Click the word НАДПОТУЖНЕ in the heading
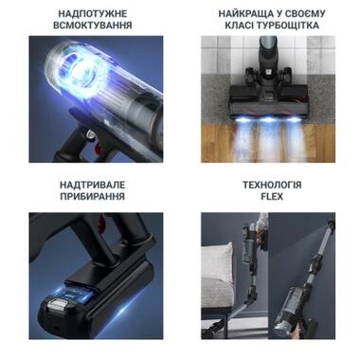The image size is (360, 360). click(x=93, y=14)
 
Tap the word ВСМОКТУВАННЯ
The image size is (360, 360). click(x=93, y=26)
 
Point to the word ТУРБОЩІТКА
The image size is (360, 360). click(x=287, y=26)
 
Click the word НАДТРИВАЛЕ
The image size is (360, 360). click(x=93, y=185)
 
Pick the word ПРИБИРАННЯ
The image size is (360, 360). click(x=93, y=196)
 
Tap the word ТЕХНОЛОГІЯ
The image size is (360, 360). click(x=272, y=185)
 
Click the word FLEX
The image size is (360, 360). click(x=272, y=196)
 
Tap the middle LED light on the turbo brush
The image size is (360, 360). click(x=269, y=119)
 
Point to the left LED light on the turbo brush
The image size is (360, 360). click(x=243, y=119)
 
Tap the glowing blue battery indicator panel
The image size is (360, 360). click(x=75, y=295)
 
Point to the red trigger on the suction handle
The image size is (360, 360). click(x=98, y=146)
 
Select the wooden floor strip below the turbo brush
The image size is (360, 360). click(x=268, y=143)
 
